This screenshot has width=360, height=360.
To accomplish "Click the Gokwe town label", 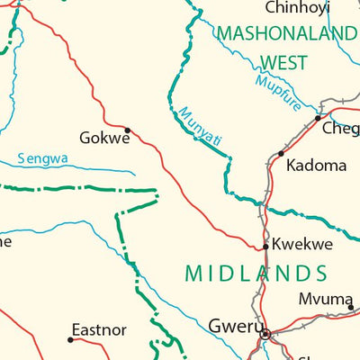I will [104, 139].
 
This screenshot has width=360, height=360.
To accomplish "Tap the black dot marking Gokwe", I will [128, 130].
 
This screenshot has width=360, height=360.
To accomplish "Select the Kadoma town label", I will [316, 166].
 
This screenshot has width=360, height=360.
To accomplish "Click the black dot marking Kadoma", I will [282, 154].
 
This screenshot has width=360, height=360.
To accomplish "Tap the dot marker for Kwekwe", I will [265, 246].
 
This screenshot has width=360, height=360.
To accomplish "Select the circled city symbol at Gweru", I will [265, 334].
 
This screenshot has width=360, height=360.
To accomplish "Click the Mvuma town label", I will [325, 301].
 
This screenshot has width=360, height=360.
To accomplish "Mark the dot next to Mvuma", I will [352, 307].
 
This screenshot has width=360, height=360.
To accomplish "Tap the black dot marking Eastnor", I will [70, 339].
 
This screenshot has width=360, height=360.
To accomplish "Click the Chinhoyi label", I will [296, 8].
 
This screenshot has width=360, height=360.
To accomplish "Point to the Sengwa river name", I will [43, 159].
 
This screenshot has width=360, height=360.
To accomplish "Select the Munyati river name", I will [199, 127].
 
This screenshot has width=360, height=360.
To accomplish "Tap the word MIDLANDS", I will [255, 273].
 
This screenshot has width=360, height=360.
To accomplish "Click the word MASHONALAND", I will [286, 35].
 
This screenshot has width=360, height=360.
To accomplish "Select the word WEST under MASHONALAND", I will [283, 62].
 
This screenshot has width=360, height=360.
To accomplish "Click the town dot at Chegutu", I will [318, 117].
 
